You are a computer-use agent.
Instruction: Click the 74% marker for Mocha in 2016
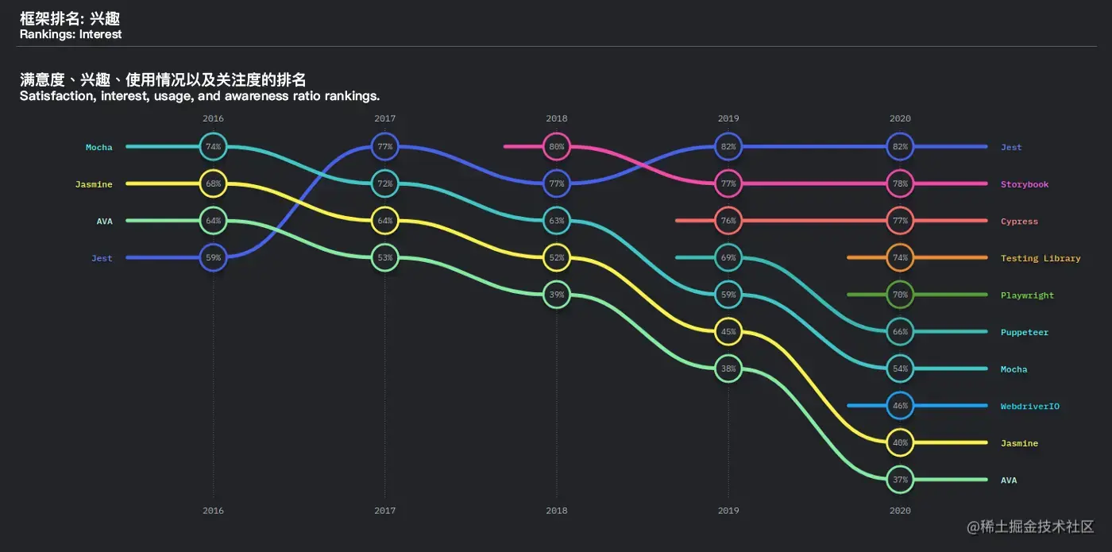click(213, 147)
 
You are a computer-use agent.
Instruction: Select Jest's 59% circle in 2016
click(213, 257)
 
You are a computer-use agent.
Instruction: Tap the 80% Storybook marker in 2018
click(557, 147)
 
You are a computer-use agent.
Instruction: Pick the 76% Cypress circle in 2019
click(728, 221)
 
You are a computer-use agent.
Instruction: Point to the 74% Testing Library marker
click(900, 257)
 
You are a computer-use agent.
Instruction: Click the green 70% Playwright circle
click(900, 295)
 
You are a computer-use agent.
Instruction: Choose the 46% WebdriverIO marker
click(900, 406)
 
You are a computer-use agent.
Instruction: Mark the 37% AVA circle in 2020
click(900, 480)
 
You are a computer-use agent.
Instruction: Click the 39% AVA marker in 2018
click(557, 295)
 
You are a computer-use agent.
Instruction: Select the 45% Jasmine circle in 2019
click(728, 331)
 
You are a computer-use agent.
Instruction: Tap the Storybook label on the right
click(1025, 184)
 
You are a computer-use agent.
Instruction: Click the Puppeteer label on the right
click(1025, 332)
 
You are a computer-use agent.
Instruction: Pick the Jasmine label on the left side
click(94, 184)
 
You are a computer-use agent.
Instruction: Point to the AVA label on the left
click(105, 222)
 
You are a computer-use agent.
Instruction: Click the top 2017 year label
click(385, 118)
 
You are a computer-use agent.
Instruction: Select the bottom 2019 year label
click(728, 511)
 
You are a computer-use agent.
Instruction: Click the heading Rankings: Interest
click(71, 34)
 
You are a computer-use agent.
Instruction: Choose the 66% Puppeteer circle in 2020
click(900, 332)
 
